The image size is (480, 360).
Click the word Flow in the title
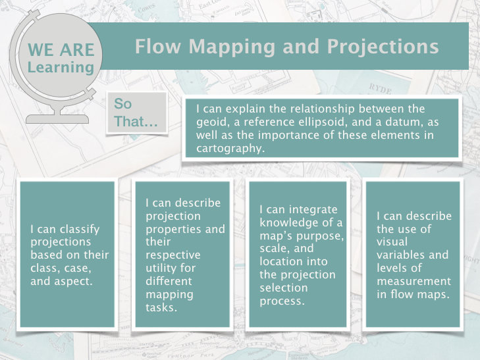158,47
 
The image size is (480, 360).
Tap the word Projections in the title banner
383,47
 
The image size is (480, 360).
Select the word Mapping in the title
232,47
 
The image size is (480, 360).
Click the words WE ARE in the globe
61,50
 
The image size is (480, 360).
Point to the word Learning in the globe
61,68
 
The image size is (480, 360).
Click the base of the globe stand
57,119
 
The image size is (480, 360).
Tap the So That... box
137,113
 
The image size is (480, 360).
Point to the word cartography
230,149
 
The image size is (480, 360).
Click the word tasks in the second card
161,307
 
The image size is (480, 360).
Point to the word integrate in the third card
313,210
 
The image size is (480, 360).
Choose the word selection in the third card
284,288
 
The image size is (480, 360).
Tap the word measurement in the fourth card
414,281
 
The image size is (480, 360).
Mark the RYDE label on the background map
380,89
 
